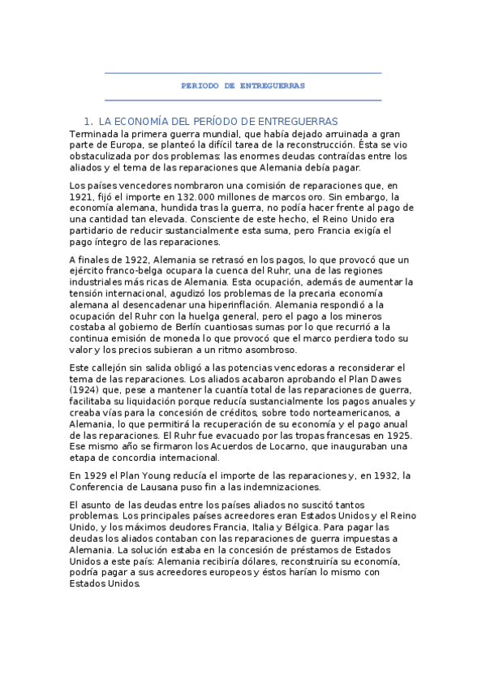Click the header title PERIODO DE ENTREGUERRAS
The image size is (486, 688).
pos(243,85)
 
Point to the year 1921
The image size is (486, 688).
pos(84,197)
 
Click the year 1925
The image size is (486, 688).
pos(397,436)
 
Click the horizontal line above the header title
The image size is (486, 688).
pos(243,74)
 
